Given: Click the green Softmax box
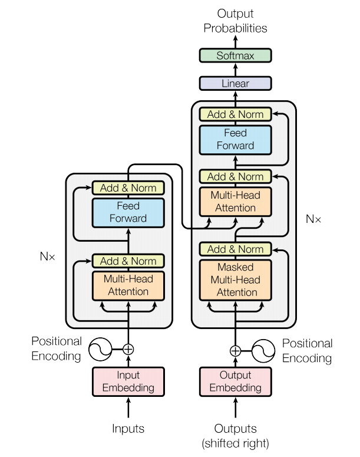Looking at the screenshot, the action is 235,55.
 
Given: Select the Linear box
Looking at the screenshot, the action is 235,83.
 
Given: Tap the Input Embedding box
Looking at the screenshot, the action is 128,382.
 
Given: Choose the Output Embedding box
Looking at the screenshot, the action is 235,382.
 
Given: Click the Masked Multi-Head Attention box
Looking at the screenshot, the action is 235,280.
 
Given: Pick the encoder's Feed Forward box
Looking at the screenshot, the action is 128,212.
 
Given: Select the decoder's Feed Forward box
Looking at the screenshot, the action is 235,140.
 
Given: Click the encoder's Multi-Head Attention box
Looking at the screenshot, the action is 128,285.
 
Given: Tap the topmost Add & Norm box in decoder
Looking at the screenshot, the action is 235,114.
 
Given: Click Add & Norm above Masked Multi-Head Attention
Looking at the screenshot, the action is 235,249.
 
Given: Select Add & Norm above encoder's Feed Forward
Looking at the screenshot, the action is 128,188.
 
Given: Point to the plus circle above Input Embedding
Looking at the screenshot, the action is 128,349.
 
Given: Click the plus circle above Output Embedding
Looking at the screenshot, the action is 235,351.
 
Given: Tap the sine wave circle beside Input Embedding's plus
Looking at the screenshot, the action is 100,349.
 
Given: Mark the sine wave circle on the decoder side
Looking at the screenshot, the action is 263,351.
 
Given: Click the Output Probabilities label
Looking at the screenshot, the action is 235,21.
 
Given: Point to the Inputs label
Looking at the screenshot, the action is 128,429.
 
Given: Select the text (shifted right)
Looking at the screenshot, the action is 235,443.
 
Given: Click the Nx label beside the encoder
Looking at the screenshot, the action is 48,257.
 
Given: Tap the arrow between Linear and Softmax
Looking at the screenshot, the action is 235,70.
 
